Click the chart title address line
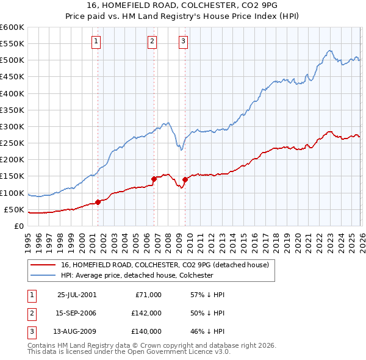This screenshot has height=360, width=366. click(x=182, y=6)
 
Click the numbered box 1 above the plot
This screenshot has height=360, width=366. click(x=97, y=41)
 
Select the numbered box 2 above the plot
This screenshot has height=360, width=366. click(x=152, y=41)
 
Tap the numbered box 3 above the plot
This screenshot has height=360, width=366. click(x=184, y=41)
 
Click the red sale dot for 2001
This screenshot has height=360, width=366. click(x=98, y=203)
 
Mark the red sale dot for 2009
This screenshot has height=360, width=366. click(x=185, y=179)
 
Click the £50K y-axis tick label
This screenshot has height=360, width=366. click(x=13, y=209)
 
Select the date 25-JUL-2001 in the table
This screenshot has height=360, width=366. click(x=77, y=295)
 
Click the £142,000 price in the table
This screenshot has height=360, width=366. click(x=146, y=313)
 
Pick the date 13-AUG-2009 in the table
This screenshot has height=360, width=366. click(x=77, y=331)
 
